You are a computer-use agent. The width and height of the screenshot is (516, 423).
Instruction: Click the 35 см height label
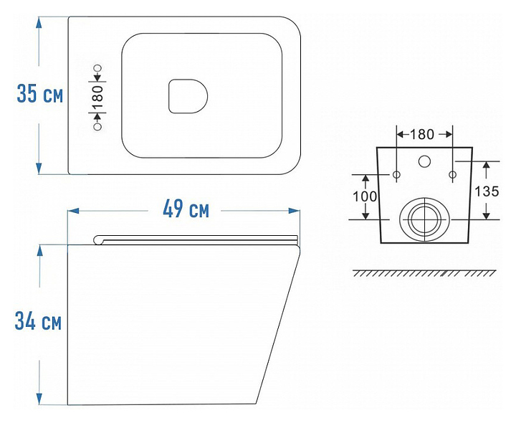pyautogui.click(x=40, y=94)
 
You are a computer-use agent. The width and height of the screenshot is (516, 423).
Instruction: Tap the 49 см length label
pyautogui.click(x=186, y=209)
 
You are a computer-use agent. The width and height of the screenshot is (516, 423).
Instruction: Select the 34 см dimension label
pyautogui.click(x=38, y=321)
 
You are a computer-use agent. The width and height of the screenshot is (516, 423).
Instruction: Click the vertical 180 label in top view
pyautogui.click(x=97, y=98)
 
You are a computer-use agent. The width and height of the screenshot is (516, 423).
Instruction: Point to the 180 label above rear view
pyautogui.click(x=422, y=134)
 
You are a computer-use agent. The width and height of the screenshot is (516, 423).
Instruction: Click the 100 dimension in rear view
pyautogui.click(x=365, y=196)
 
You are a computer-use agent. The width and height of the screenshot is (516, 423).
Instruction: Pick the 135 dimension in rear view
pyautogui.click(x=487, y=191)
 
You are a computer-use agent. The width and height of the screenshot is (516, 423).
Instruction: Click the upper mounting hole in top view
pyautogui.click(x=97, y=69)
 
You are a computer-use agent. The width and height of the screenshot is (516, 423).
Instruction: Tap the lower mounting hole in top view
pyautogui.click(x=97, y=126)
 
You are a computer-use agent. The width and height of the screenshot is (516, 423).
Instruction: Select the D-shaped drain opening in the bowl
pyautogui.click(x=188, y=96)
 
